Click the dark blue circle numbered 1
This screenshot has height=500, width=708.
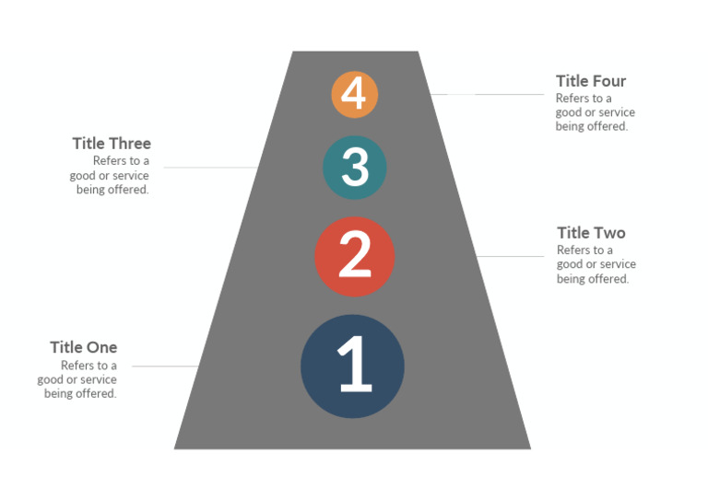(352, 366)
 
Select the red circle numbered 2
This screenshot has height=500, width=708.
(355, 257)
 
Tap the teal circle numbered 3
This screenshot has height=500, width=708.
(354, 168)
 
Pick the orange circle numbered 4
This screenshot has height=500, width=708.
(355, 94)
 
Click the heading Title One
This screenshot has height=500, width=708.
(84, 347)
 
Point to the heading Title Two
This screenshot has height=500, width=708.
(591, 233)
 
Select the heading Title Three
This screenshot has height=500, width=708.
(112, 144)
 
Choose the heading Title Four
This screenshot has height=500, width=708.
(591, 81)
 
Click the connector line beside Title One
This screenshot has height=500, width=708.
(166, 366)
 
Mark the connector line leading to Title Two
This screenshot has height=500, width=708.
(512, 256)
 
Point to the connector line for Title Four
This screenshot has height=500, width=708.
(489, 94)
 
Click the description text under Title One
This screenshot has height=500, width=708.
(78, 379)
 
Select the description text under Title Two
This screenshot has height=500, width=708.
(596, 264)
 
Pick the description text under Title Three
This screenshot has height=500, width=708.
(110, 176)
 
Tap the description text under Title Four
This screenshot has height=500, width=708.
(595, 112)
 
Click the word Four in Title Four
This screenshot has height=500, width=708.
(608, 81)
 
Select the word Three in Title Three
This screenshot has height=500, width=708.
(130, 144)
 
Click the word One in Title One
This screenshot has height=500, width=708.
(102, 347)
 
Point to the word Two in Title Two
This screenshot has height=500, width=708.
(609, 233)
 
